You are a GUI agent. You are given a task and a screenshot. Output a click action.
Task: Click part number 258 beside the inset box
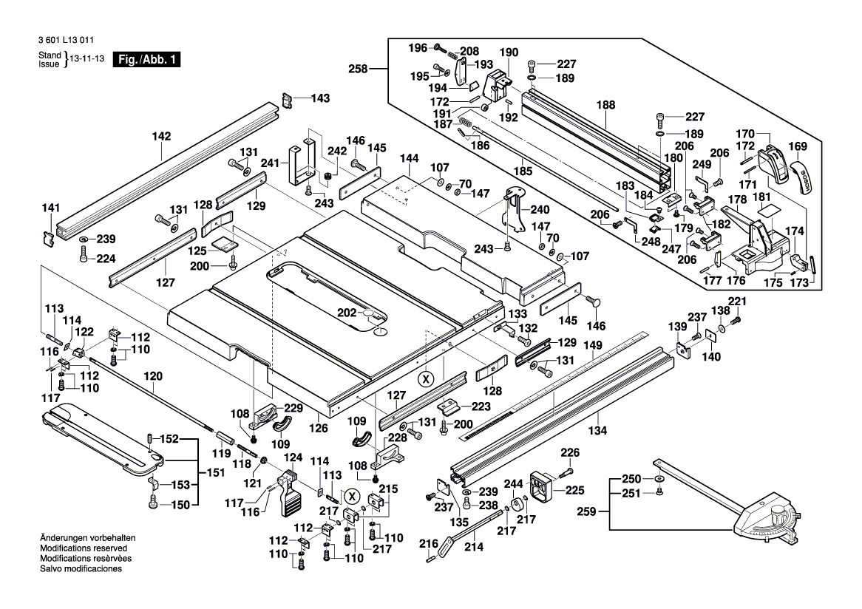click(358, 69)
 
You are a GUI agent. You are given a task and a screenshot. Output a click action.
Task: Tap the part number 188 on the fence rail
click(606, 105)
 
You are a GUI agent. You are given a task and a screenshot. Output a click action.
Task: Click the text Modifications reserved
click(84, 548)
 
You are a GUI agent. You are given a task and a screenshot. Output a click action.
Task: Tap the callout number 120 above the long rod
click(153, 375)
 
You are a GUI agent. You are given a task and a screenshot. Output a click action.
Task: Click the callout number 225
click(575, 489)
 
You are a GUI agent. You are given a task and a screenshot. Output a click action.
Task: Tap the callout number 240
click(540, 209)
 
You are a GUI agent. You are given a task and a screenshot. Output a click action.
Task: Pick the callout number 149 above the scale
click(593, 344)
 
